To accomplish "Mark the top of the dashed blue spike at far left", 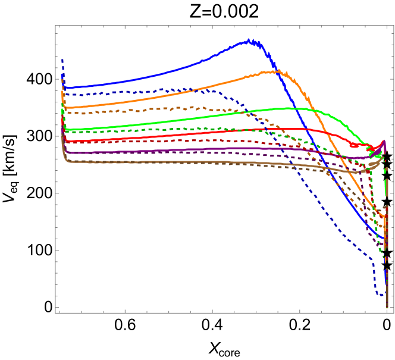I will [62, 59].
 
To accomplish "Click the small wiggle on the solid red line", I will [354, 145].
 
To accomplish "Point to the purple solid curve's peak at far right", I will [384, 142].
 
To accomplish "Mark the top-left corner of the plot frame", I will [55, 25].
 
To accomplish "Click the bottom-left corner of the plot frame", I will [55, 312].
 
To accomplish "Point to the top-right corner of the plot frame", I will [393, 25].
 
